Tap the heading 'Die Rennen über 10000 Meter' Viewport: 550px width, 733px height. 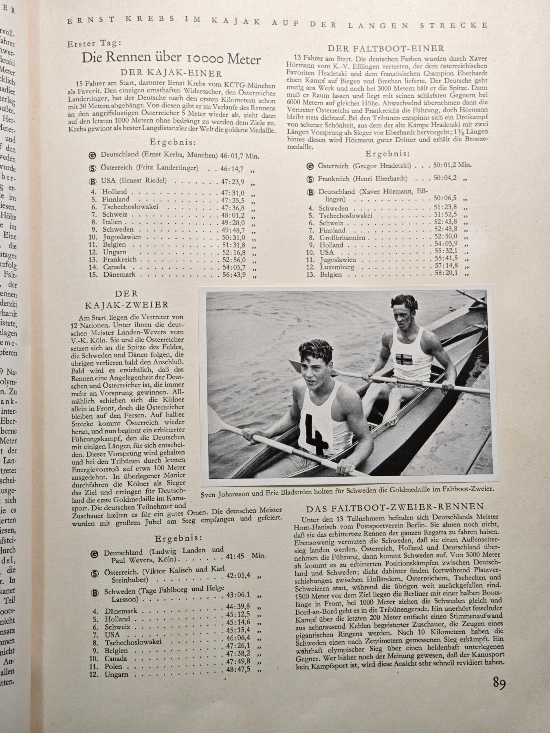pos(171,59)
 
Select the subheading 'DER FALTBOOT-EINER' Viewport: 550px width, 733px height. pos(386,48)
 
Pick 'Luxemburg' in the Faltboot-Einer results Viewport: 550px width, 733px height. pos(336,267)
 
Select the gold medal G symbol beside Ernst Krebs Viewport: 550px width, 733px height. pos(92,155)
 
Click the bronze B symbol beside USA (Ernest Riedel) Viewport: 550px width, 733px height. pos(94,181)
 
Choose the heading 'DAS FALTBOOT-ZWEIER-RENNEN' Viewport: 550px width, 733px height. pos(395,507)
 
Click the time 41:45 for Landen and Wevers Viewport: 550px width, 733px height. pos(235,555)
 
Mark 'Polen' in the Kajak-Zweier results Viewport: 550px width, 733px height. pos(113,667)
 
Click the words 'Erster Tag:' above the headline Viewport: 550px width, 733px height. pos(95,44)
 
